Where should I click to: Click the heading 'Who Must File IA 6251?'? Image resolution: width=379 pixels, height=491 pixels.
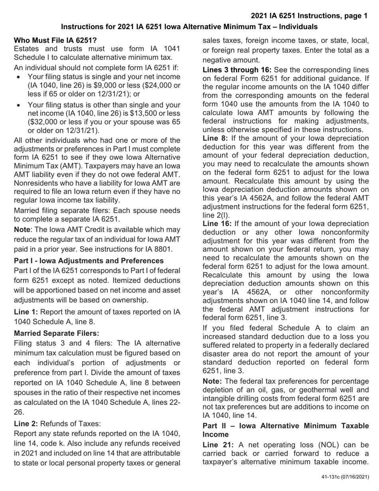[55, 40]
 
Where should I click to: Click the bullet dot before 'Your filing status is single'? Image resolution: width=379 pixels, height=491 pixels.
[19, 77]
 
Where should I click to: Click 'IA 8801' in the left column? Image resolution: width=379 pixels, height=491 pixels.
[158, 249]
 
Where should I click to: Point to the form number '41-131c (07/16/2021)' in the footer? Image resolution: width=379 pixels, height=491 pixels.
[345, 477]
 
